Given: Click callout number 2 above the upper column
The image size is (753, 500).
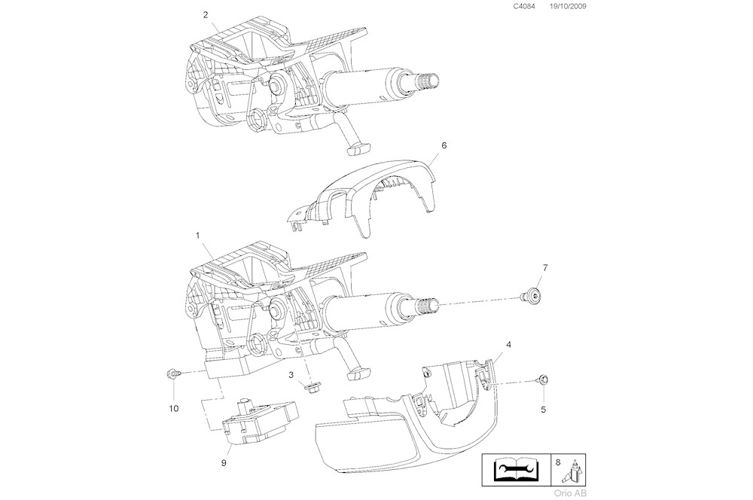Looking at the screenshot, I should (206, 15).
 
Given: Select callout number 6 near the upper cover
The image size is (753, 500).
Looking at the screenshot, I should (444, 145).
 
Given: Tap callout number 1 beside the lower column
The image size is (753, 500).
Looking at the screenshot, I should (197, 236).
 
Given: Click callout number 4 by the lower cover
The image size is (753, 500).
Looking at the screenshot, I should (509, 344).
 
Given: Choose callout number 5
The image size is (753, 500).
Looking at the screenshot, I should (544, 410).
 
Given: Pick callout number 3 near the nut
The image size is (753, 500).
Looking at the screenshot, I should (290, 375).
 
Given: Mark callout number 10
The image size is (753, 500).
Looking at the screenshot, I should (173, 408).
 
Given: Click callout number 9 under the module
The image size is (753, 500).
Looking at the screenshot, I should (224, 462).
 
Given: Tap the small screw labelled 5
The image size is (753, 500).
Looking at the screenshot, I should (543, 379).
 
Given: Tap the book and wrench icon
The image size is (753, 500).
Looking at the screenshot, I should (515, 471).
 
